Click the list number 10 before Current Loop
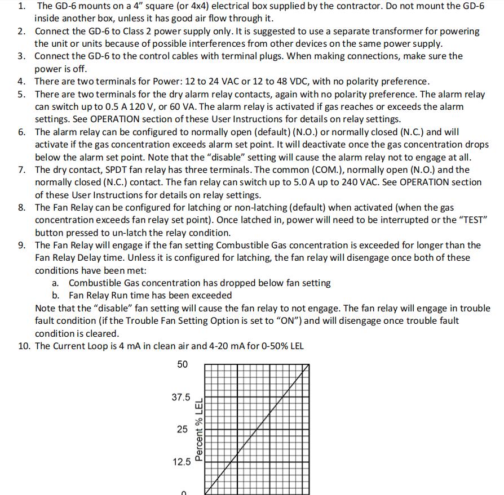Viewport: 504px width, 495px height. (x=24, y=346)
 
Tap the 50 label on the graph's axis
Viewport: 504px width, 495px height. (x=182, y=364)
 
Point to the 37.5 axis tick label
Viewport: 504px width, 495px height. (x=181, y=397)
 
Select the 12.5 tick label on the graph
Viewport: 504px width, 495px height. (x=181, y=462)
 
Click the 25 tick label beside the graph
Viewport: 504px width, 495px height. (x=182, y=429)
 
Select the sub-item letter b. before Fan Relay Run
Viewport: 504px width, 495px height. (x=55, y=295)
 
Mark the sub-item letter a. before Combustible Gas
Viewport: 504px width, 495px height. (x=55, y=283)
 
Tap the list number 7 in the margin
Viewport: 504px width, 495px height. (x=21, y=170)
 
